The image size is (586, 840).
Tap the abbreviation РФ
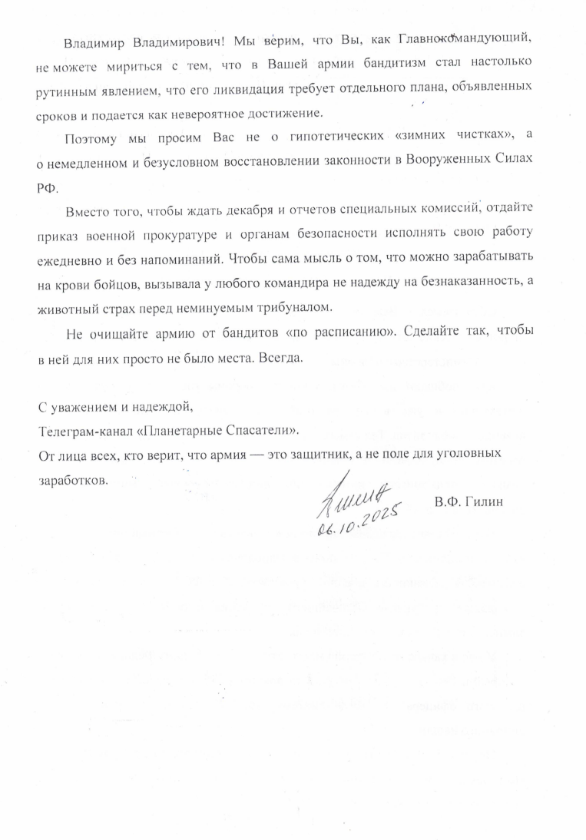48,187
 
